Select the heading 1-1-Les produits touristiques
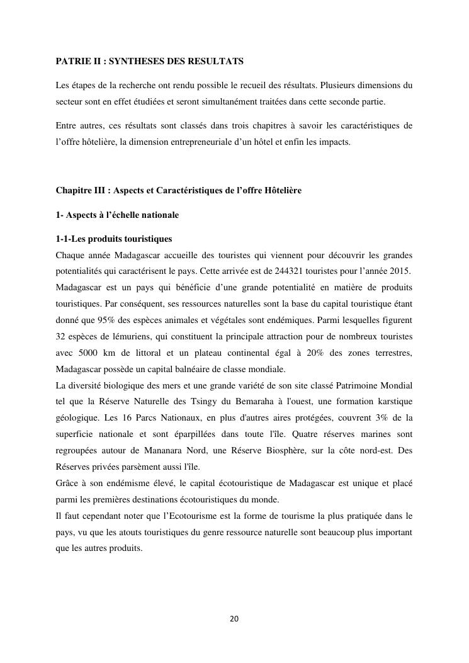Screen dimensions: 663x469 click(x=114, y=239)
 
